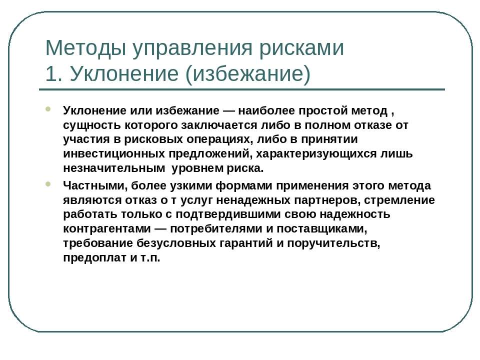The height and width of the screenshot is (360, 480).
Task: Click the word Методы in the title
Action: pos(85,48)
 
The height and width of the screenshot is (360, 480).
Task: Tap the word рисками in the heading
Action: pos(301,48)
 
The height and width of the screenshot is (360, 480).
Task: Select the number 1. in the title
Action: pos(53,73)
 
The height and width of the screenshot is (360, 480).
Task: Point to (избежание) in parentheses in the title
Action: pos(248,74)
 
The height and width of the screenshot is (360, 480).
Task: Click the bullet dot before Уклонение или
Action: pos(48,108)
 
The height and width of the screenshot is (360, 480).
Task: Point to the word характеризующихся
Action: pos(316,153)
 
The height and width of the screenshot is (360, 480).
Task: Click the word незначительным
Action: pos(114,168)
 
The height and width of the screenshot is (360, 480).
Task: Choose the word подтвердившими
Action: pos(228,214)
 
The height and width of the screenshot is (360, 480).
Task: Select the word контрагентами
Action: pos(107,229)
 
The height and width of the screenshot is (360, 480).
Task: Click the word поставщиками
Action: pos(321,229)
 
